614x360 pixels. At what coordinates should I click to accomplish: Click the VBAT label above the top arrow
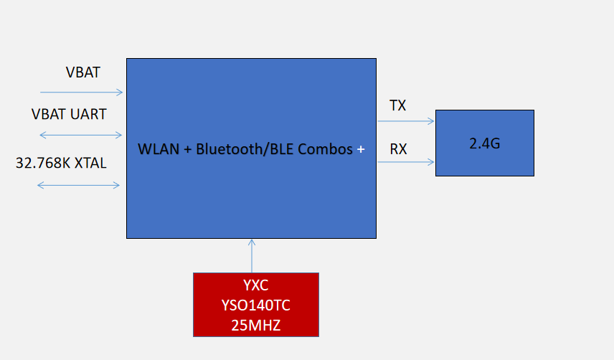click(82, 72)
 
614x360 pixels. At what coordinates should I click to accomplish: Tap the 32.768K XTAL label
click(61, 163)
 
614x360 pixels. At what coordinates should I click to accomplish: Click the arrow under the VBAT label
click(82, 92)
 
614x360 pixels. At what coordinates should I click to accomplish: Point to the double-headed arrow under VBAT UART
click(80, 134)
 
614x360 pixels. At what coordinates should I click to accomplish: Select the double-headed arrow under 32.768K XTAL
click(79, 185)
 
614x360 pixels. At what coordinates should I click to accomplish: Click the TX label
click(397, 106)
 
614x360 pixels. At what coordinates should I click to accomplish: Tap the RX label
click(398, 149)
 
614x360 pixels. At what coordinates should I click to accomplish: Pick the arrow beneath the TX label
click(406, 121)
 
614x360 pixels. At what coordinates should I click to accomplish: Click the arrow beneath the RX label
click(406, 162)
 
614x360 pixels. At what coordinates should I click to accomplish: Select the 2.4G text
click(484, 143)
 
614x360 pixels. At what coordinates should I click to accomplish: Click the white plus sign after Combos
click(361, 149)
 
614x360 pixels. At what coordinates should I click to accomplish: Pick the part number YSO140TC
click(256, 305)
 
